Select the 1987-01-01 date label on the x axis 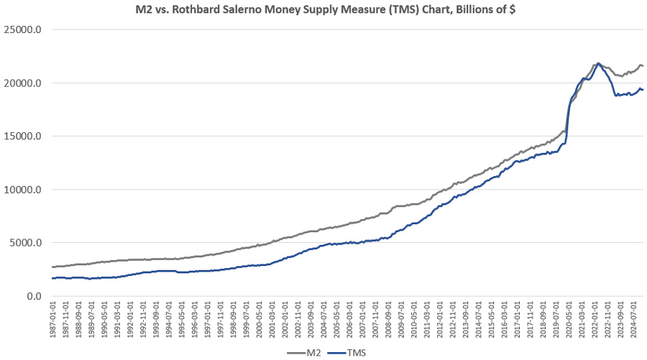pos(54,321)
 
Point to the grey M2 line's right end pos(643,66)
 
